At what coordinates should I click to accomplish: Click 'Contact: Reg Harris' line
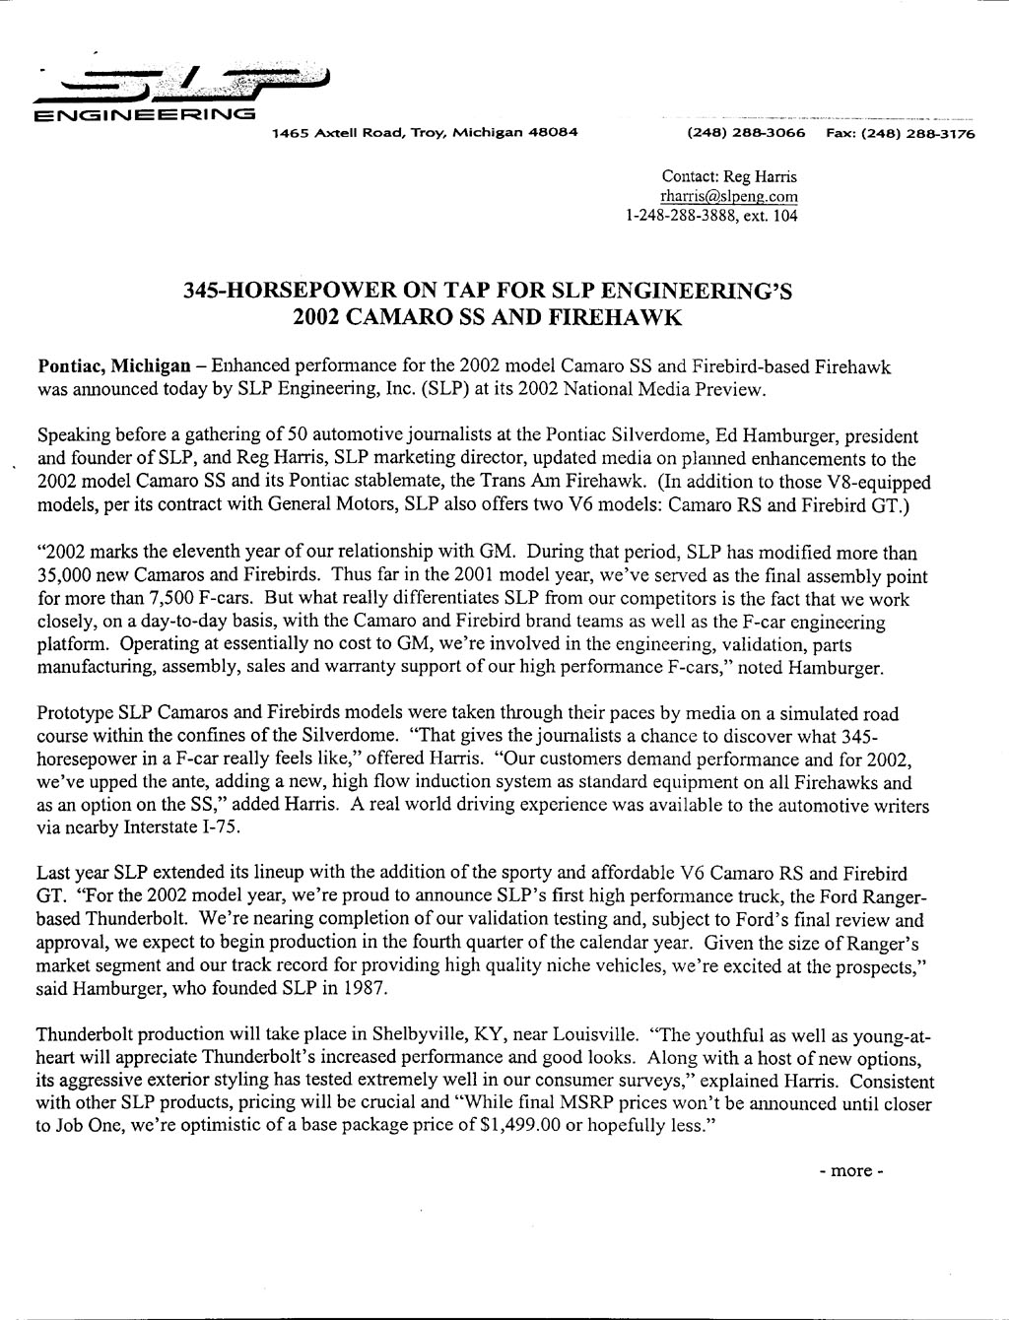coord(729,177)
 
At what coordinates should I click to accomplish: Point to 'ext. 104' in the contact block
coord(772,215)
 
